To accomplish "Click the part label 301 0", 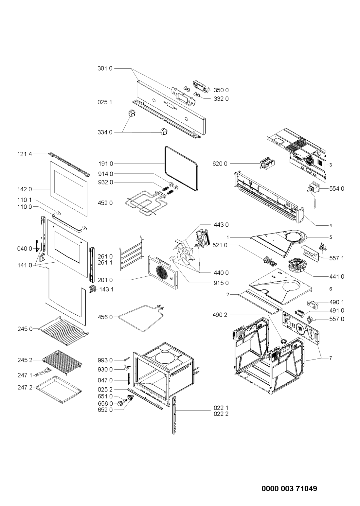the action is (x=105, y=68).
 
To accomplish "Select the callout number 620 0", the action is (x=220, y=164).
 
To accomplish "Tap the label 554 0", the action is (x=336, y=188).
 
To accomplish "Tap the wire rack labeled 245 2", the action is (x=62, y=362).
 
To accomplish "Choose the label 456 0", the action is (x=105, y=317).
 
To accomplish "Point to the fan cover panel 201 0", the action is (x=163, y=272).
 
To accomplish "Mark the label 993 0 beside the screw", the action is (x=105, y=360).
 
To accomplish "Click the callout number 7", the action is (x=331, y=358).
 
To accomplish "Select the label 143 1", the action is (x=106, y=289).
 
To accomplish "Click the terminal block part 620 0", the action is (x=268, y=164).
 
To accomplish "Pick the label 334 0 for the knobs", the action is (x=105, y=132).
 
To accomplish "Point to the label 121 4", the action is (x=25, y=154).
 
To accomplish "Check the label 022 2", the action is (x=221, y=414).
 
